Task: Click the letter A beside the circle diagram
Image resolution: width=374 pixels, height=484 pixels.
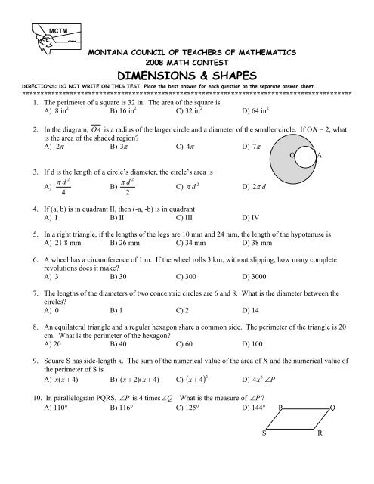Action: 321,155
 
